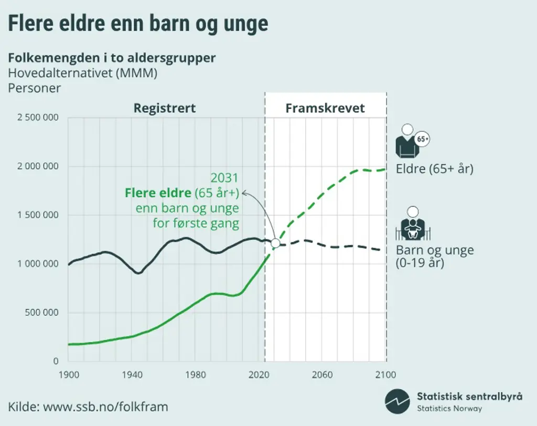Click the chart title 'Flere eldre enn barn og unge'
pos(137,24)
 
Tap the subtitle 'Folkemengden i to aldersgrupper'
pos(112,58)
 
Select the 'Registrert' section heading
pos(164,108)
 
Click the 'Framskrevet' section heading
pos(325,109)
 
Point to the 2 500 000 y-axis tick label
pos(38,118)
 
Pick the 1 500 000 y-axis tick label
pos(38,215)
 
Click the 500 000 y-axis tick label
pos(42,313)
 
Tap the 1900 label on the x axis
pos(69,375)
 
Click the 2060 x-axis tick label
pos(322,375)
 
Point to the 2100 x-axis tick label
pos(385,375)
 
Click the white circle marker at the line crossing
pos(275,243)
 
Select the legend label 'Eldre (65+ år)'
pos(434,169)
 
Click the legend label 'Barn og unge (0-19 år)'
pos(434,256)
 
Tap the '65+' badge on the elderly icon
pos(423,140)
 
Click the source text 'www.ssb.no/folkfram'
pos(105,406)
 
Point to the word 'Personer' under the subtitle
pos(35,88)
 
